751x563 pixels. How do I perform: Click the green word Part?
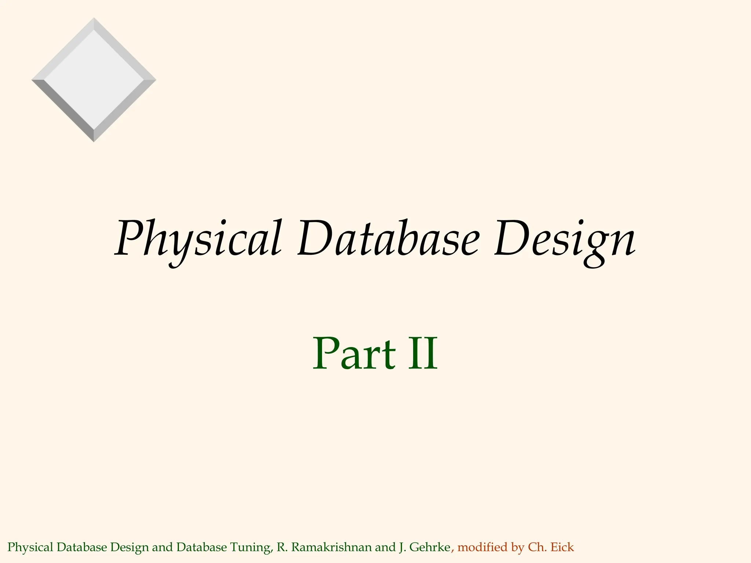tap(354, 354)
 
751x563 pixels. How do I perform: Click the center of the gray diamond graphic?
tap(94, 80)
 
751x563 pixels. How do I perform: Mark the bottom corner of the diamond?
tap(94, 141)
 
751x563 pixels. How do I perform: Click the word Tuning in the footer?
tap(252, 548)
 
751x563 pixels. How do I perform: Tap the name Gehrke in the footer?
tap(429, 548)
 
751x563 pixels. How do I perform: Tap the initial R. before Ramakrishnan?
tap(282, 548)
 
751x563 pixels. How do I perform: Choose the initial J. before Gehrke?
tap(402, 548)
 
